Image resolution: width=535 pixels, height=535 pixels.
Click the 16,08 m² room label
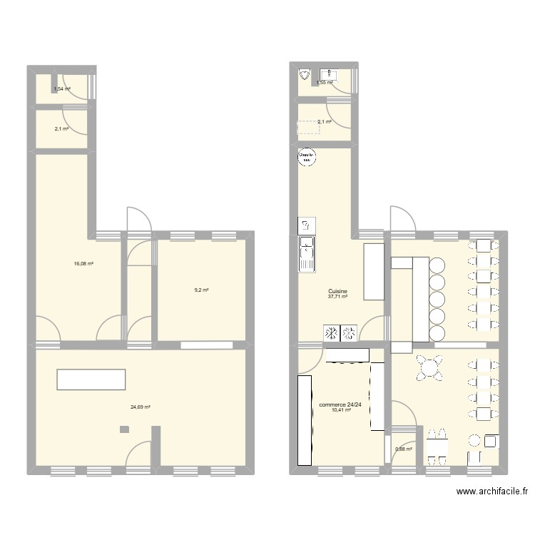(x=83, y=263)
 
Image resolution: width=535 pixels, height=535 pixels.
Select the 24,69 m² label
(x=141, y=407)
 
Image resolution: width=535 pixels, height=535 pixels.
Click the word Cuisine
(x=338, y=291)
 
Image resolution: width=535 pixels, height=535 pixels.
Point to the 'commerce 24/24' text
(x=340, y=404)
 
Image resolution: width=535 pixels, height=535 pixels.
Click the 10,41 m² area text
(x=340, y=410)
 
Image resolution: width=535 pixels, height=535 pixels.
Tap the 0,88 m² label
(x=404, y=449)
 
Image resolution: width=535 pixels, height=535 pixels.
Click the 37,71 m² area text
(x=338, y=297)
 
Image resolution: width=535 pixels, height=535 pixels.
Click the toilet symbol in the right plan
(x=305, y=74)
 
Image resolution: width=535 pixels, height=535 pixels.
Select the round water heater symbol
(x=305, y=158)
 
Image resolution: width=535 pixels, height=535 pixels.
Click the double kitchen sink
(x=307, y=255)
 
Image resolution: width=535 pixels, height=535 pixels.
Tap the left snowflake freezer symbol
(x=332, y=332)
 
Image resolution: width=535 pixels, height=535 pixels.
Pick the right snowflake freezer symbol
(x=350, y=332)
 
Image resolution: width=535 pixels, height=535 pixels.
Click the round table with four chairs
(x=431, y=368)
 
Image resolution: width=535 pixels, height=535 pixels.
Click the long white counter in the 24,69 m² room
(x=91, y=379)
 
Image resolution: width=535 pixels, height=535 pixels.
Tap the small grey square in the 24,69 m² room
(x=125, y=429)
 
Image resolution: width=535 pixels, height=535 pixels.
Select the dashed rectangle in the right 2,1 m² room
(x=308, y=127)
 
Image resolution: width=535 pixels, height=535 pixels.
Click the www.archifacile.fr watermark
(x=493, y=491)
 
